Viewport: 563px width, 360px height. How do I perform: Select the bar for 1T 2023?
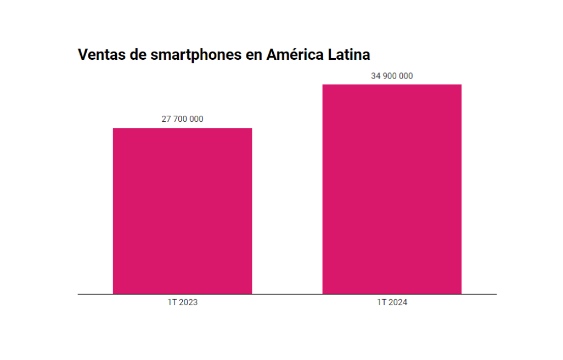(x=182, y=211)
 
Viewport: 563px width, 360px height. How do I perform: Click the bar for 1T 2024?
(x=392, y=189)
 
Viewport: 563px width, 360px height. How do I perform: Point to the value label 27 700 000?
(x=182, y=119)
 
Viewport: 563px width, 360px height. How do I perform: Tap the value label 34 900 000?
(x=392, y=76)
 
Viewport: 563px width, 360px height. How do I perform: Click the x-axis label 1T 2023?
(x=182, y=302)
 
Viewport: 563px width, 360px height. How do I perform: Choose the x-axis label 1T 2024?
(x=392, y=302)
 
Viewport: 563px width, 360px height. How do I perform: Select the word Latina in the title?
(x=349, y=55)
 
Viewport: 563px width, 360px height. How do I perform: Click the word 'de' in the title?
(x=139, y=55)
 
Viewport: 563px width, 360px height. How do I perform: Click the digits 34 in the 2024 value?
(x=375, y=76)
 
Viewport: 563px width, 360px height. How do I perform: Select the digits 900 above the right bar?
(x=390, y=76)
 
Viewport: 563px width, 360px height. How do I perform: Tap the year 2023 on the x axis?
(x=188, y=302)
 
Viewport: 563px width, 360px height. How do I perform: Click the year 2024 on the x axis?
(x=397, y=302)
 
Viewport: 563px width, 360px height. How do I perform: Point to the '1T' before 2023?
(x=172, y=302)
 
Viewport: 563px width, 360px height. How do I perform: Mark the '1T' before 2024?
(x=381, y=302)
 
